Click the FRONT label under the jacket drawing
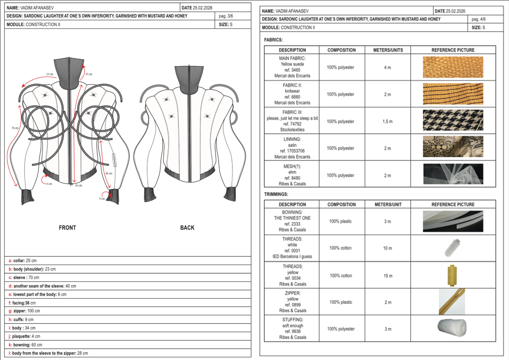click(x=67, y=228)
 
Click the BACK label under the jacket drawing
click(x=187, y=228)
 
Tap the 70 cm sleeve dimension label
click(x=15, y=128)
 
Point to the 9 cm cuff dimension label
click(x=102, y=199)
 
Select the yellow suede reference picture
click(x=453, y=67)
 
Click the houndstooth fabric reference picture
click(x=453, y=121)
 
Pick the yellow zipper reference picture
click(x=452, y=302)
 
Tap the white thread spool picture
click(x=452, y=248)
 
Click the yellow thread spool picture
click(x=452, y=275)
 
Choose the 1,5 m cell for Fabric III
click(x=387, y=121)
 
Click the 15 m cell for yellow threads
click(x=388, y=276)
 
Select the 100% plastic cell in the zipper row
click(x=341, y=302)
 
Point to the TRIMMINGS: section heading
click(x=276, y=194)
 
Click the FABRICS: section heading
click(x=273, y=40)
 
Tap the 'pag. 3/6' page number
click(x=226, y=16)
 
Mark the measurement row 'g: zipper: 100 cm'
click(x=24, y=311)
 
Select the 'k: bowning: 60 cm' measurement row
click(x=25, y=345)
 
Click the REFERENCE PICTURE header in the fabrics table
click(x=453, y=50)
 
